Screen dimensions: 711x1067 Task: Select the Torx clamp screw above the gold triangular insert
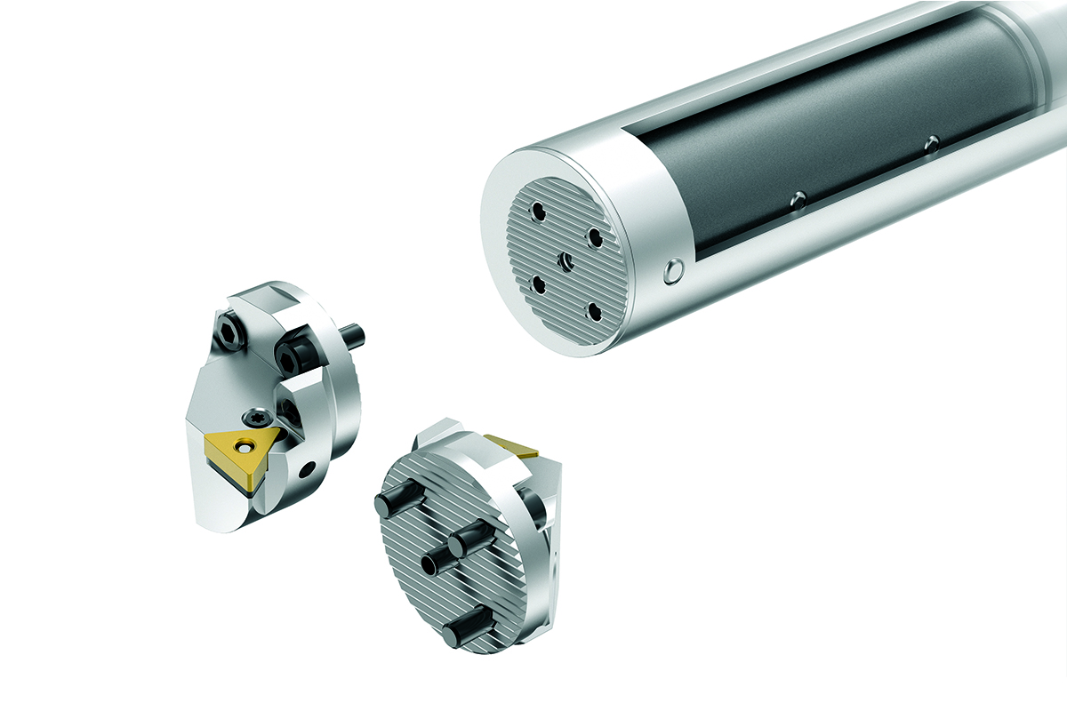point(253,414)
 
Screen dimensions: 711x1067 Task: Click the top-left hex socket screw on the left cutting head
point(230,332)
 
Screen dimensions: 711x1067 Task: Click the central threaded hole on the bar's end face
point(564,261)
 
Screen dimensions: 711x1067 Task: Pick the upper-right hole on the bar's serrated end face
point(594,237)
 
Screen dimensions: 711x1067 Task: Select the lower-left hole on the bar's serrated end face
point(536,284)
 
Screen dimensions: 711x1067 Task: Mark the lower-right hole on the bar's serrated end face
point(593,311)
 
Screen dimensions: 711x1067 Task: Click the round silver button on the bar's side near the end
point(674,270)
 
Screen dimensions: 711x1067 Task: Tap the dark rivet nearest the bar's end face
point(798,199)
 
